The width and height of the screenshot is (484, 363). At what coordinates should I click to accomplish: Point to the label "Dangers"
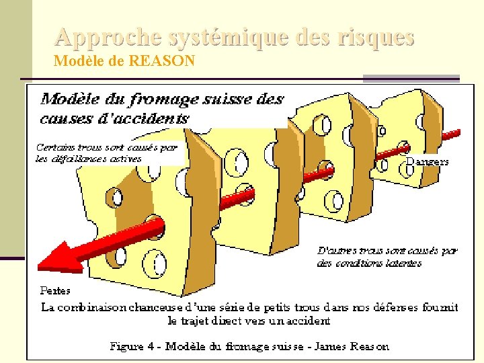(427, 162)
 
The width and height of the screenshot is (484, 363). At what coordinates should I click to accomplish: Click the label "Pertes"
(55, 290)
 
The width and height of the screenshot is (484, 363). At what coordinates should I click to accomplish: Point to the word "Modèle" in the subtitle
(75, 62)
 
